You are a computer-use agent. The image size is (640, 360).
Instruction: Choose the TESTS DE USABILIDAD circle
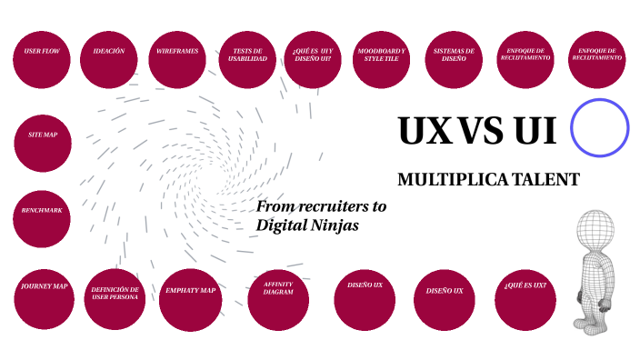pyautogui.click(x=247, y=59)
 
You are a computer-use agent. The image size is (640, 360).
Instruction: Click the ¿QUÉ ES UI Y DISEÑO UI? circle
pyautogui.click(x=313, y=59)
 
